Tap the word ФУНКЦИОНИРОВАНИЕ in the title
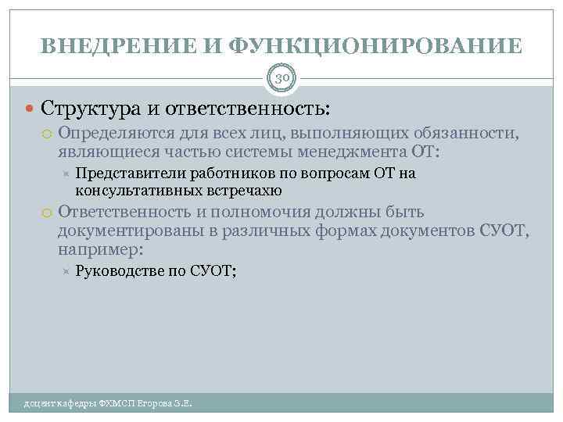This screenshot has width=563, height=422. tap(377, 47)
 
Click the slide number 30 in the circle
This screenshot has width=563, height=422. tap(281, 77)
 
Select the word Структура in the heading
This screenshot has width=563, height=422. tap(88, 107)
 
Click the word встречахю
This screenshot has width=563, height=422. tap(242, 190)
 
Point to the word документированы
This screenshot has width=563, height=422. tap(125, 231)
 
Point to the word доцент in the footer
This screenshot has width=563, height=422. tap(38, 403)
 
